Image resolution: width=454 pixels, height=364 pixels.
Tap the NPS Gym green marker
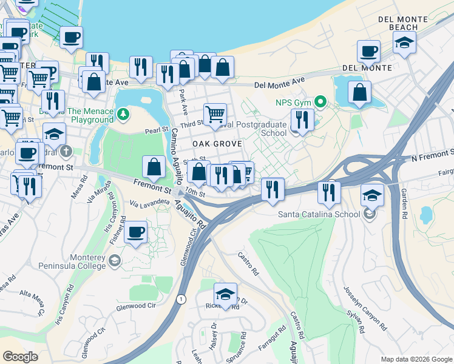pos(320,102)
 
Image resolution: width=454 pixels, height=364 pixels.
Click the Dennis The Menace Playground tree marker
pos(123,113)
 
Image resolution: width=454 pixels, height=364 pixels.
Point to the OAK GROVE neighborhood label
pos(217,144)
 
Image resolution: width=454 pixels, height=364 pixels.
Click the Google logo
pos(20,357)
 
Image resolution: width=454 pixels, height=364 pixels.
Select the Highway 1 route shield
pos(180,298)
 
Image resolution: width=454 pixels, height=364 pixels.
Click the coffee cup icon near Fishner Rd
pos(136,232)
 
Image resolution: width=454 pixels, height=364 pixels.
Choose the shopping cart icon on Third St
pos(215,113)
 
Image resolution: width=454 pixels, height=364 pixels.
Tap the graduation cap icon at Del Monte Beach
pos(404,42)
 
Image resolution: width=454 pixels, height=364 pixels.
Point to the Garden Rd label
pos(404,204)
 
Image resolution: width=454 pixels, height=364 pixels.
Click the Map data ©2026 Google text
pos(416,359)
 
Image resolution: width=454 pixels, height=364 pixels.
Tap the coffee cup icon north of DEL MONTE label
pos(368,51)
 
